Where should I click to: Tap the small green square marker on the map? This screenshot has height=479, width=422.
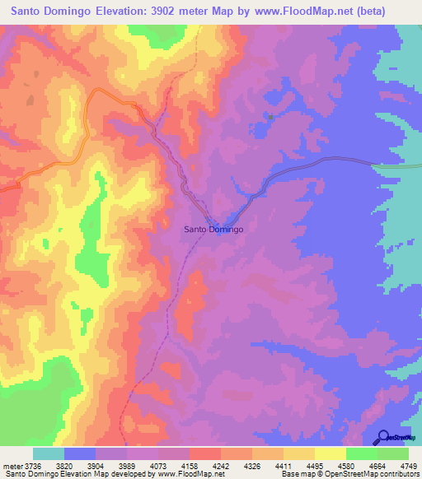[270, 116]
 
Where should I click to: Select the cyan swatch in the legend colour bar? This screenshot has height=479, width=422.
[49, 453]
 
